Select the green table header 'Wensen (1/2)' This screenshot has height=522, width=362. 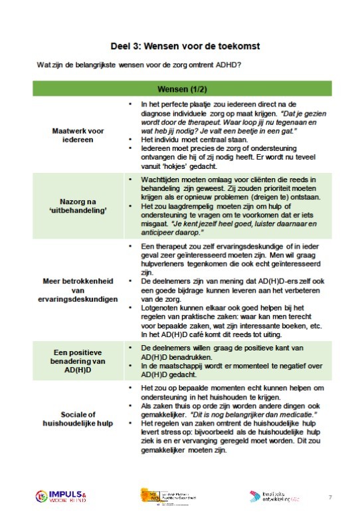pos(180,89)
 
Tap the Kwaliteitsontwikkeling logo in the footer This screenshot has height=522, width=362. pos(273,497)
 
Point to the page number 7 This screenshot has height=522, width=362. pos(330,497)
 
